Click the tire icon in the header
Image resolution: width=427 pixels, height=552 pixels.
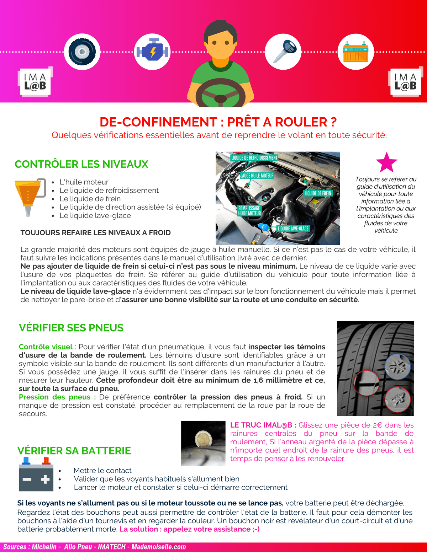click(82, 52)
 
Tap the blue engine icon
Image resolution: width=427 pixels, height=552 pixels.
click(152, 52)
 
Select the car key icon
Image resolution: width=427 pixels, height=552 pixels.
click(283, 52)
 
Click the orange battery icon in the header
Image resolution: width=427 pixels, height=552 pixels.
click(355, 52)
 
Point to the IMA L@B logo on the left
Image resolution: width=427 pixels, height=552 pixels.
click(35, 82)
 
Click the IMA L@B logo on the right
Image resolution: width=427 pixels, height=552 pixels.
click(405, 82)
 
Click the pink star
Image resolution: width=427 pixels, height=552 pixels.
click(386, 162)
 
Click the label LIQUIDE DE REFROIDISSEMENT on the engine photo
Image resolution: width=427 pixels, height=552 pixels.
click(254, 157)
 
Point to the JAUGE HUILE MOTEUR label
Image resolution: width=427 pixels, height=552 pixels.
click(257, 176)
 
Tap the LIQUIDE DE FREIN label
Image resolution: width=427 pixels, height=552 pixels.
click(318, 193)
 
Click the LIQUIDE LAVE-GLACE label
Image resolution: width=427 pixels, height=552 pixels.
click(293, 229)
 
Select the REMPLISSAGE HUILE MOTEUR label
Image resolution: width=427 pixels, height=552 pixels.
click(249, 211)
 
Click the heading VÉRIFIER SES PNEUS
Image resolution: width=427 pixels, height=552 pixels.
click(71, 328)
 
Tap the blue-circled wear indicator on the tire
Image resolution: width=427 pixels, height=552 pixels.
click(397, 366)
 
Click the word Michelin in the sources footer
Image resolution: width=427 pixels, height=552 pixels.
click(44, 547)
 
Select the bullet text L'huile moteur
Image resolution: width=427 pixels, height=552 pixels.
click(84, 182)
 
